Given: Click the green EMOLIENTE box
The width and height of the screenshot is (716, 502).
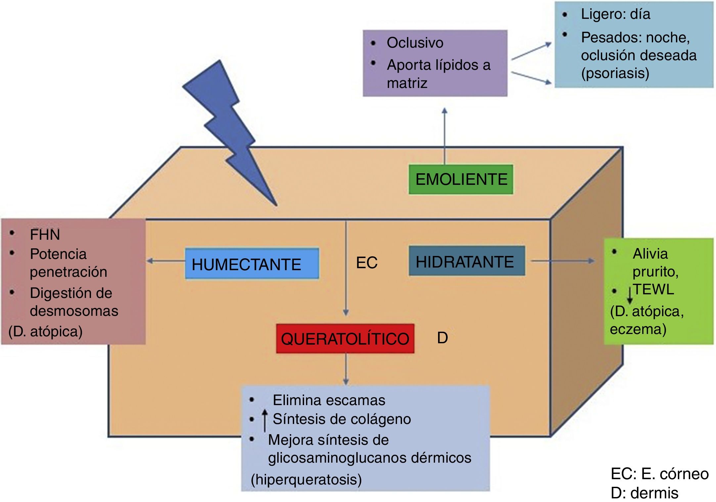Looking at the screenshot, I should (x=461, y=180).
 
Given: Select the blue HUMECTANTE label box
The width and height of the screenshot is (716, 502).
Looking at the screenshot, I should (x=252, y=264).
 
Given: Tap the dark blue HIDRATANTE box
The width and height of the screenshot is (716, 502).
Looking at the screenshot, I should (x=467, y=261).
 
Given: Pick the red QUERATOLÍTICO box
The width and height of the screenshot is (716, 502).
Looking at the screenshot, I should (x=345, y=339).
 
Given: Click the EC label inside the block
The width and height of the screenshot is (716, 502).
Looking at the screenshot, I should (x=367, y=263).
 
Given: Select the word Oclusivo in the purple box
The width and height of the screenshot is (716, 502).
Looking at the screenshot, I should (x=415, y=43).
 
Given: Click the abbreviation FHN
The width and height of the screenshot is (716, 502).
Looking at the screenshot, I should (x=45, y=235).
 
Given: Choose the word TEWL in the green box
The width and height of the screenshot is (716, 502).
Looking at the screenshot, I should (x=653, y=290).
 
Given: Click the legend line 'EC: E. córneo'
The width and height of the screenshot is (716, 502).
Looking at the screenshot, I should (x=659, y=474).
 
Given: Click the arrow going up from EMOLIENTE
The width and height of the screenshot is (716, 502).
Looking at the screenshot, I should (x=445, y=136).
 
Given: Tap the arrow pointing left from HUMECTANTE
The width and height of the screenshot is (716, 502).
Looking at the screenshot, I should (x=165, y=261).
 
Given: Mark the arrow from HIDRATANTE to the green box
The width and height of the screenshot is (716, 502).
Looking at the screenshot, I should (x=562, y=261).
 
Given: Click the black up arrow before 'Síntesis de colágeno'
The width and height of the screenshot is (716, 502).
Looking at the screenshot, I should (x=265, y=420).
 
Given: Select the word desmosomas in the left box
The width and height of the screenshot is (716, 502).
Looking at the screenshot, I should (x=74, y=311).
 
